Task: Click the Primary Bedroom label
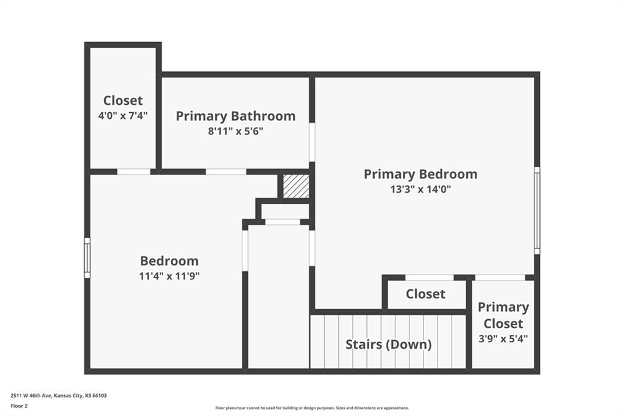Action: [x=420, y=174]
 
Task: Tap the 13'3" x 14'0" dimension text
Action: [x=420, y=189]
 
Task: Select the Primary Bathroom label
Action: [x=236, y=116]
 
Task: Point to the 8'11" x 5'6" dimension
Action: [x=236, y=131]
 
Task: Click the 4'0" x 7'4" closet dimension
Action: [x=123, y=115]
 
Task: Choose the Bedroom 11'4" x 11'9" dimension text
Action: [x=169, y=276]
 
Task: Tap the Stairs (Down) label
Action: [x=388, y=344]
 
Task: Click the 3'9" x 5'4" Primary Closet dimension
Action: [x=503, y=339]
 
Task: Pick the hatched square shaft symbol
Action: [x=296, y=187]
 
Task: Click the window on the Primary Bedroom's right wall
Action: [x=537, y=210]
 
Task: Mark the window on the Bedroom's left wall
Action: [x=87, y=258]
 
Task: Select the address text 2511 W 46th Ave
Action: [x=32, y=396]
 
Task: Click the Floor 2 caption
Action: [x=19, y=406]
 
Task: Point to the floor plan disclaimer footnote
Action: [x=312, y=408]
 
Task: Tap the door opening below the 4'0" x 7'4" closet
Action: [x=133, y=172]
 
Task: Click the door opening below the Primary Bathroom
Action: [x=226, y=172]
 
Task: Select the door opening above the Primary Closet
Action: [x=500, y=278]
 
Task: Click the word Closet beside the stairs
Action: [x=425, y=294]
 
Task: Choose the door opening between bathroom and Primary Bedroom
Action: [x=312, y=142]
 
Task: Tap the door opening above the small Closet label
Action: [x=430, y=278]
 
